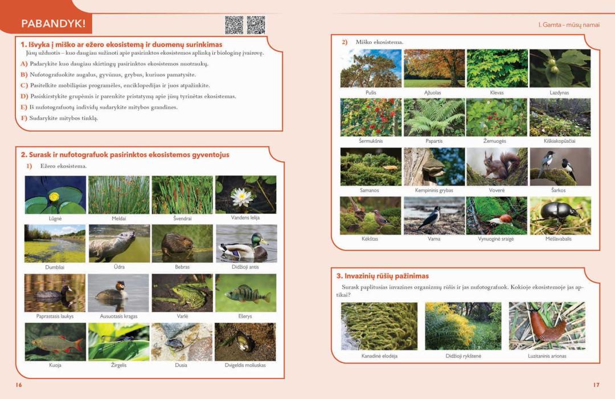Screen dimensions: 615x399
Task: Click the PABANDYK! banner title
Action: [x=54, y=23]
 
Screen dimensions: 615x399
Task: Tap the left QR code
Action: [x=234, y=25]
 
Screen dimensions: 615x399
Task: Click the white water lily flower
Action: [x=241, y=197]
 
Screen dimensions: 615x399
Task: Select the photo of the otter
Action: [x=119, y=244]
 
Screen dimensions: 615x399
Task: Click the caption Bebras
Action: [x=182, y=267]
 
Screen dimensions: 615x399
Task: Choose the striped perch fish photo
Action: [x=245, y=293]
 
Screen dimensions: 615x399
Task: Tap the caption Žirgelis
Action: [x=119, y=365]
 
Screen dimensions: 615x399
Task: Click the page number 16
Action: [x=19, y=385]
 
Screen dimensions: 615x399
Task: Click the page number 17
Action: [x=596, y=385]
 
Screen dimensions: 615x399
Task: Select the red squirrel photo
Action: [x=497, y=167]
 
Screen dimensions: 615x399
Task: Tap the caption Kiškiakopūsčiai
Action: [x=559, y=141]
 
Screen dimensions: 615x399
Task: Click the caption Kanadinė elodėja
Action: [x=379, y=356]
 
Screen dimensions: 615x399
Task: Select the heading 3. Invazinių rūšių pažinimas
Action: [x=383, y=276]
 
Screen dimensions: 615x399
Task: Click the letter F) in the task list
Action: [x=24, y=118]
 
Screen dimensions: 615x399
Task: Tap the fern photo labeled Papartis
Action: [x=434, y=117]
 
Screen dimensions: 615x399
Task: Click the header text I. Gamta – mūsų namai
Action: [x=569, y=24]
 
